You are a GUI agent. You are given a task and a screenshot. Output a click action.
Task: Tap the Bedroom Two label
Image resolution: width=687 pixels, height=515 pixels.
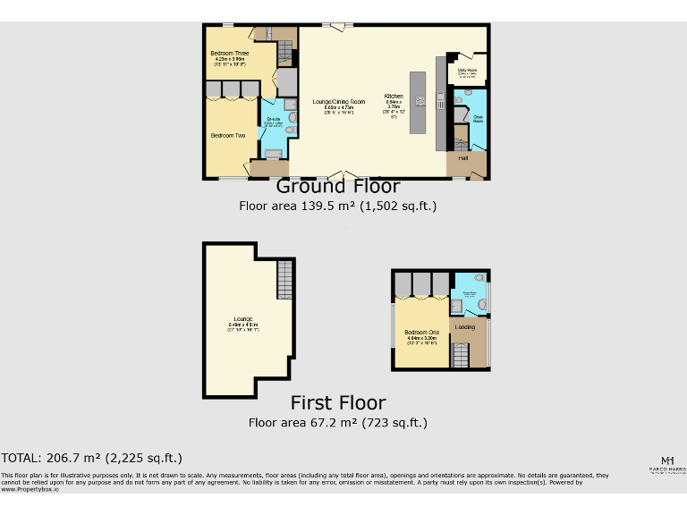tap(228, 136)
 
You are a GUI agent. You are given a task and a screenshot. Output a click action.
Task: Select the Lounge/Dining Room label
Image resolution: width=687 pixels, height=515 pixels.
tap(338, 102)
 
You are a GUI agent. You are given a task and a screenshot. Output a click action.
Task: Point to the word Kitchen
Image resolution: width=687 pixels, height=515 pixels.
tap(394, 96)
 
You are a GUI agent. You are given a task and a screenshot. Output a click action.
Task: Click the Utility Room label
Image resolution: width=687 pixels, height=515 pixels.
tap(467, 70)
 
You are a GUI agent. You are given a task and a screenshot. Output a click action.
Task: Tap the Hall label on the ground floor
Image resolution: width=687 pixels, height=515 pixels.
tap(463, 158)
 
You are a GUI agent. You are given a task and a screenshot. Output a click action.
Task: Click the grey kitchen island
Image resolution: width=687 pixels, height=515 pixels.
tap(419, 102)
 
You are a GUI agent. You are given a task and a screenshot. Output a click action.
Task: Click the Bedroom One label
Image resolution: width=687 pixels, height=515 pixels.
tap(423, 333)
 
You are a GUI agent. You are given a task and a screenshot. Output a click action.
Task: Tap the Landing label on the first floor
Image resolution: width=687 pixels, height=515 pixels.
tap(465, 327)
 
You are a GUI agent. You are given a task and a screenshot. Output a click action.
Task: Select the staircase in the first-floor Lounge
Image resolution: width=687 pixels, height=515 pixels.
tap(284, 279)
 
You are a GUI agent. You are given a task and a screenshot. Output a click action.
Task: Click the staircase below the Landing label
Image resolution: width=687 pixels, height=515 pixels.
tap(461, 355)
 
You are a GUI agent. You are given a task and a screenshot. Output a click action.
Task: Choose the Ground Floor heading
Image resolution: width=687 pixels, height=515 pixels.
tap(337, 187)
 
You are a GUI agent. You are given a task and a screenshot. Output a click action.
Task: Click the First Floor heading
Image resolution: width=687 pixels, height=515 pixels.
tap(338, 403)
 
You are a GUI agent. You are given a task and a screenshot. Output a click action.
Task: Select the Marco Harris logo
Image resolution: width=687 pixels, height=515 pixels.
tap(666, 464)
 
